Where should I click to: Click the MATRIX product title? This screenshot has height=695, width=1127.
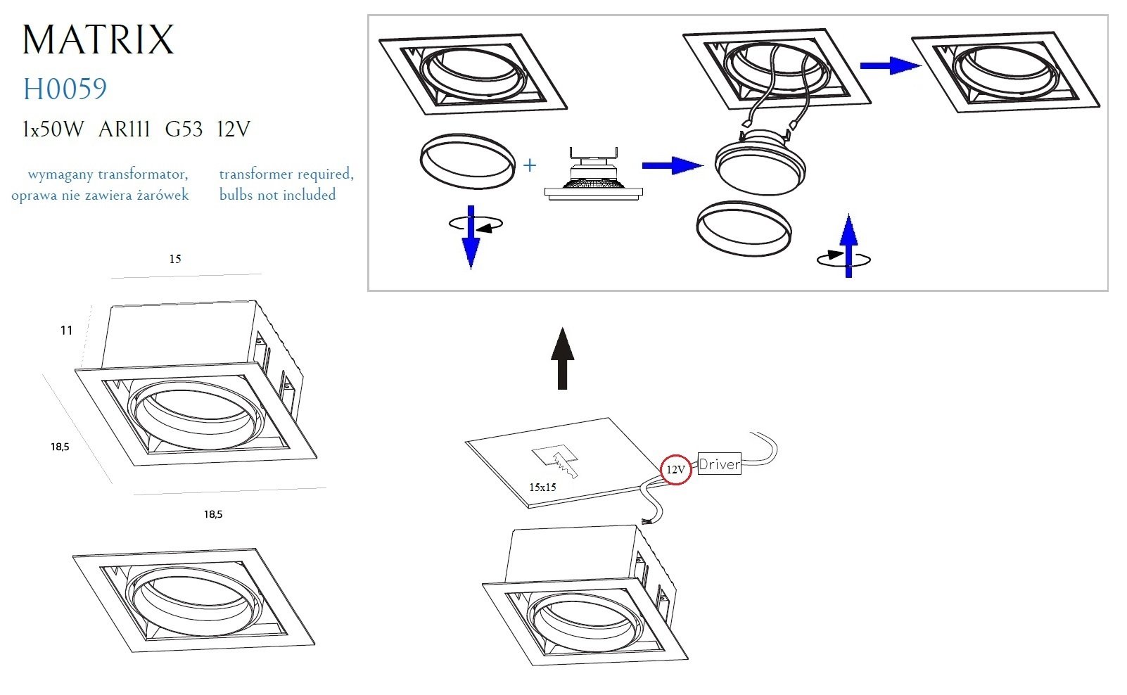[x=98, y=39]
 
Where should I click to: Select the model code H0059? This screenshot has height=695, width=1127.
[x=65, y=89]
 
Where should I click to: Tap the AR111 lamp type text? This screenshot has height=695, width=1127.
[x=125, y=129]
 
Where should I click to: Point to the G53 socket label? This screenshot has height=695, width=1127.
[x=184, y=129]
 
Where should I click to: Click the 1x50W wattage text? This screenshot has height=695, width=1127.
[x=53, y=129]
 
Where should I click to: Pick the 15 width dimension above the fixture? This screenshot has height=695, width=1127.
[x=175, y=259]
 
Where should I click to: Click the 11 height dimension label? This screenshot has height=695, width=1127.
[x=66, y=330]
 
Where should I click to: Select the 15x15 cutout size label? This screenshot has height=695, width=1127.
[x=542, y=487]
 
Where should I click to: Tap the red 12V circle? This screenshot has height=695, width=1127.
[x=675, y=469]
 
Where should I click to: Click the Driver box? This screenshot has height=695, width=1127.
[x=719, y=464]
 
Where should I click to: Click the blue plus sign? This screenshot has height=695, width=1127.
[x=530, y=165]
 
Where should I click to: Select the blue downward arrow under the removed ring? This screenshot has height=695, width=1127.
[x=471, y=239]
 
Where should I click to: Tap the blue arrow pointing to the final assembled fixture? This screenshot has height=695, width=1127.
[x=889, y=65]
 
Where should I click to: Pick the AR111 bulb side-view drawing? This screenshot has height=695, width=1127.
[x=593, y=176]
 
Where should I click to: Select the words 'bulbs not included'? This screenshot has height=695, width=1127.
[x=277, y=195]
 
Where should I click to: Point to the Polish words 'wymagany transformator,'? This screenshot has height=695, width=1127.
[x=108, y=174]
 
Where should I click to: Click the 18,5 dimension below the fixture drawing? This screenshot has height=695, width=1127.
[x=213, y=514]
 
